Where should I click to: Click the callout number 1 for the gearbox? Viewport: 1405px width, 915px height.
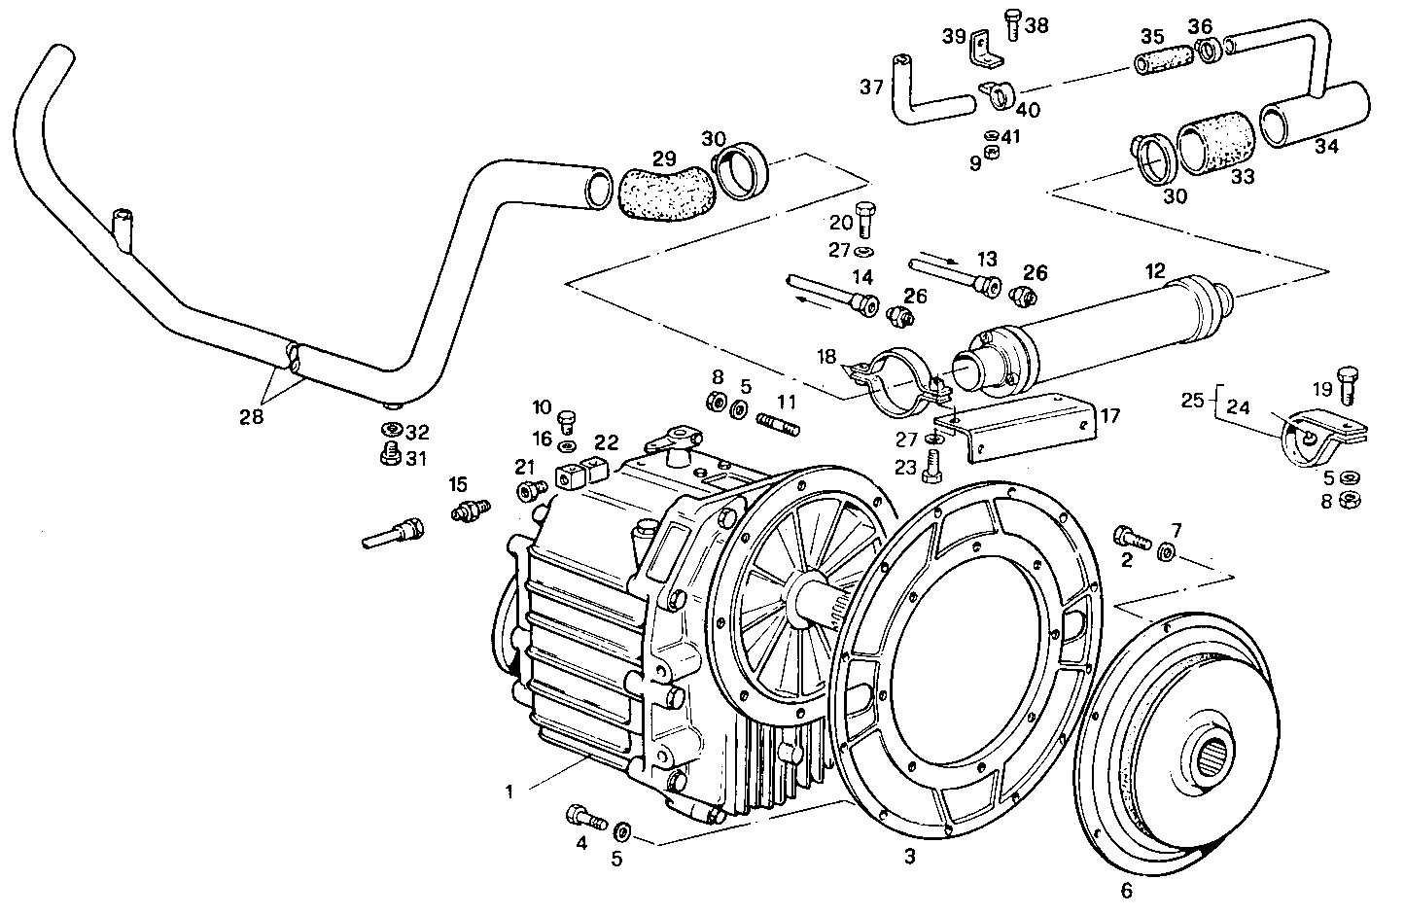click(508, 791)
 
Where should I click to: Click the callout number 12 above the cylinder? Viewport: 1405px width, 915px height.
click(1154, 272)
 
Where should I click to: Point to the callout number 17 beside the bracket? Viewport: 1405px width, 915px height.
click(1109, 416)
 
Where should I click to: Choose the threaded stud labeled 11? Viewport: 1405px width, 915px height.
click(784, 425)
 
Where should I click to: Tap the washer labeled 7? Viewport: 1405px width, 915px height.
click(1167, 552)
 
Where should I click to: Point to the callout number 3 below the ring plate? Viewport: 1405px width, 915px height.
click(909, 857)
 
